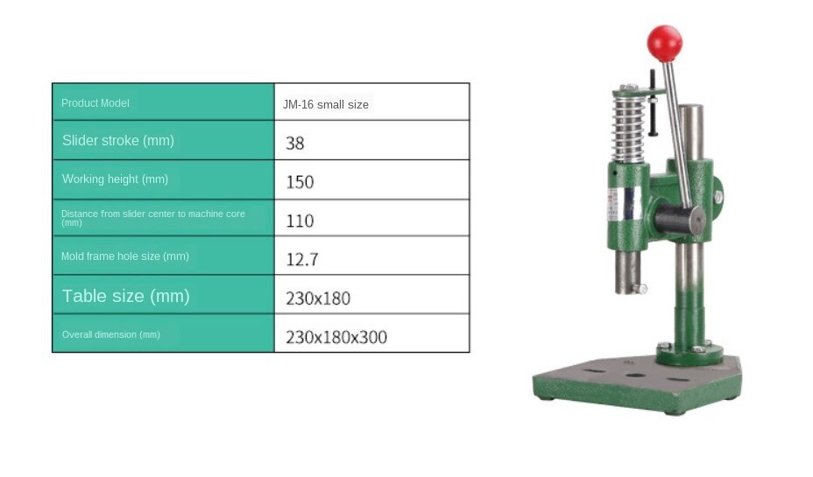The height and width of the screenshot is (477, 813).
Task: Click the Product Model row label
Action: pos(95,103)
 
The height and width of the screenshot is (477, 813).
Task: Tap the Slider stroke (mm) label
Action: pos(118,140)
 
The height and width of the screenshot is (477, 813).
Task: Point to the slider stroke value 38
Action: pos(294,143)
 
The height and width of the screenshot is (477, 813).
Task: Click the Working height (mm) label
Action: pos(115,179)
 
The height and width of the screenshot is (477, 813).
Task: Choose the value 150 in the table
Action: pos(300,182)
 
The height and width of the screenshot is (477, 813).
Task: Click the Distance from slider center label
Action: pos(153,218)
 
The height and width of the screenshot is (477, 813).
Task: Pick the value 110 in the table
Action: pos(300,221)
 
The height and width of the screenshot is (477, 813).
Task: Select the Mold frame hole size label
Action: pos(125,256)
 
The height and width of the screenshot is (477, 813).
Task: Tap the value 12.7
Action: pos(301,259)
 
